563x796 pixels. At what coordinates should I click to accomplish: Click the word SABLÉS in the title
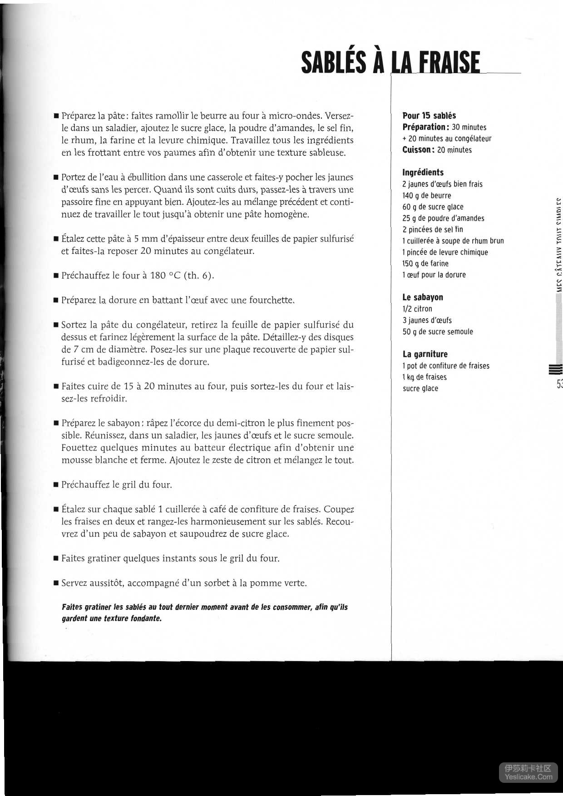(333, 63)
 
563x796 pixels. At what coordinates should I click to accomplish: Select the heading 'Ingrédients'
(423, 173)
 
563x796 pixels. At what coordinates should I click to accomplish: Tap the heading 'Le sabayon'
(422, 297)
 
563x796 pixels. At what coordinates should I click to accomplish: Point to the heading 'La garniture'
(425, 354)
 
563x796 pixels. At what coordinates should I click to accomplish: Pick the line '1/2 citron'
(417, 309)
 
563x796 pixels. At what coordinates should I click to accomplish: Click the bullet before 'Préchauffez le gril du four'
(56, 485)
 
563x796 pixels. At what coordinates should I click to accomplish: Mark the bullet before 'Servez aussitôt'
(56, 583)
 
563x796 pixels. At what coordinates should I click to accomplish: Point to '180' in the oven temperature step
(158, 276)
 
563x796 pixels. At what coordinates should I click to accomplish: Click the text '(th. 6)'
(198, 276)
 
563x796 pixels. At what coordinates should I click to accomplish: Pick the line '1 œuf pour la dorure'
(434, 275)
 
